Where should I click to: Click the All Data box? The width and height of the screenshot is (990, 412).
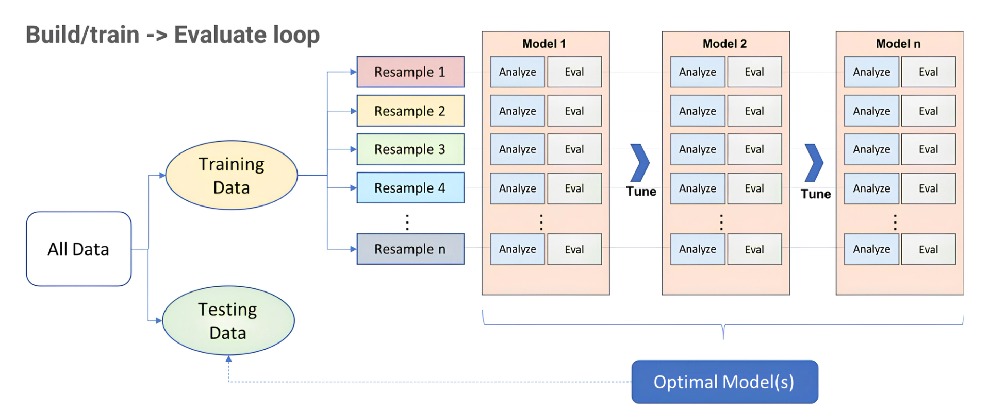[x=78, y=249]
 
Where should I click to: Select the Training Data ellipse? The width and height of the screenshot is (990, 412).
[x=232, y=175]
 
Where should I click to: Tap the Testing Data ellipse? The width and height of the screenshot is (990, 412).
[x=228, y=320]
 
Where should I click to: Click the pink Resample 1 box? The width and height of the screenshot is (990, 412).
[x=410, y=72]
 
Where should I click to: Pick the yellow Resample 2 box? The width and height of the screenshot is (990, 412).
[x=410, y=111]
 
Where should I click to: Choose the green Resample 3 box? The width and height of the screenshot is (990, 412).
[x=410, y=149]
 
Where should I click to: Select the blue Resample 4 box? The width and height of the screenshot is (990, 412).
[x=410, y=188]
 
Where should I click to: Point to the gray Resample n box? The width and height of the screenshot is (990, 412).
[x=410, y=249]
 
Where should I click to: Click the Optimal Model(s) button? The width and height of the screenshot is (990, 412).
[x=724, y=382]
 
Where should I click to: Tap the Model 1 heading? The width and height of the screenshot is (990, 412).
[x=544, y=44]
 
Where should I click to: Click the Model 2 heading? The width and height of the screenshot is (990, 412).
[x=724, y=44]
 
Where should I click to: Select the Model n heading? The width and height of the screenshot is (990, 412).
[x=898, y=44]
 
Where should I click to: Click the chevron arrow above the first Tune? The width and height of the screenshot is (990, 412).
[x=640, y=163]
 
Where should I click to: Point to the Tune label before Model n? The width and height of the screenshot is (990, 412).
[x=815, y=194]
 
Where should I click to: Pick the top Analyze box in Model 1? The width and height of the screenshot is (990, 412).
[x=517, y=72]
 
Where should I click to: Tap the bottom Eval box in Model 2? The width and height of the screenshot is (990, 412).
[x=754, y=249]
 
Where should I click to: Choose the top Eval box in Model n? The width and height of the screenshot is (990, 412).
[x=928, y=72]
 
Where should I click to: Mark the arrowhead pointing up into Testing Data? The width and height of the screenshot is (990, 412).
[x=229, y=359]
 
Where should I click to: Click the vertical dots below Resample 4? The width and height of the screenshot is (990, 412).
[x=407, y=222]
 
